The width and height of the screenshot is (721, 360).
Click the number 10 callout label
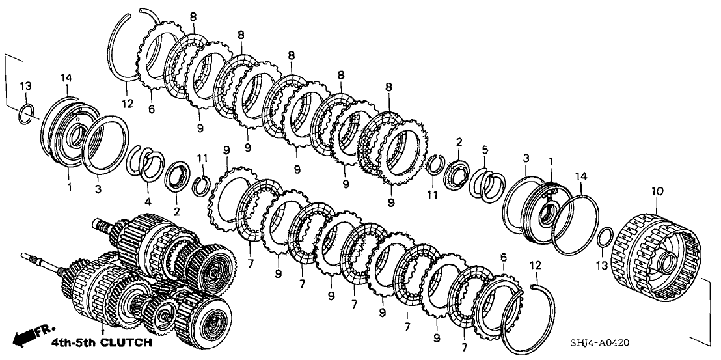[657, 191]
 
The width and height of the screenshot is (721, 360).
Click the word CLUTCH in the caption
[127, 342]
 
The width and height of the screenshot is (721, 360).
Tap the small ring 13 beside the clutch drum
[605, 237]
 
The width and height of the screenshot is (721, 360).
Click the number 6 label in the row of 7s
[502, 259]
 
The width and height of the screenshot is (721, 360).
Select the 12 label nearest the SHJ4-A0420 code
[535, 266]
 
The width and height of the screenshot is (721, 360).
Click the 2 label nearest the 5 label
[459, 143]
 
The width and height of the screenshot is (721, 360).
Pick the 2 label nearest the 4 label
[176, 212]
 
